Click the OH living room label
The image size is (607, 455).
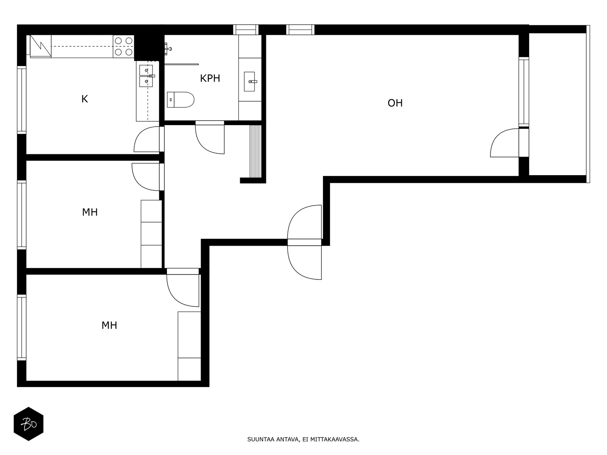tap(395, 103)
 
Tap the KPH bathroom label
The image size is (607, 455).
tap(210, 78)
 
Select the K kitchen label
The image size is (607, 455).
tap(85, 99)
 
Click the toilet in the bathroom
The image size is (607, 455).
tap(181, 99)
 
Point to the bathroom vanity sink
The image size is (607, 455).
tap(249, 82)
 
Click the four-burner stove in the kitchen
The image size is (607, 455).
tap(124, 46)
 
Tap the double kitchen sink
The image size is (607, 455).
tap(146, 76)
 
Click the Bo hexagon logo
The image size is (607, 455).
tap(28, 424)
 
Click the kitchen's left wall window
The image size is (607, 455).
tap(22, 100)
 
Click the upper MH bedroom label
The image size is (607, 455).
tap(90, 212)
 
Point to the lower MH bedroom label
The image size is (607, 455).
tap(109, 325)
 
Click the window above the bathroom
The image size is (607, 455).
tap(246, 30)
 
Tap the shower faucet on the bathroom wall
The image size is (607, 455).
tap(168, 49)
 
